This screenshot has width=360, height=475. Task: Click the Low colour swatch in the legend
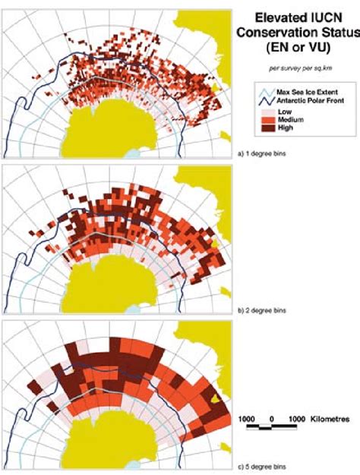click(263, 112)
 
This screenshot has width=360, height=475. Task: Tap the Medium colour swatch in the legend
click(263, 120)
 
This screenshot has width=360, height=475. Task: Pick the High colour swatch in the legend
click(263, 128)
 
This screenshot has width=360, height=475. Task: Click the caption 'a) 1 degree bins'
click(263, 153)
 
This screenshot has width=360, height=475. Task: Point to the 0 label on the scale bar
click(273, 418)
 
